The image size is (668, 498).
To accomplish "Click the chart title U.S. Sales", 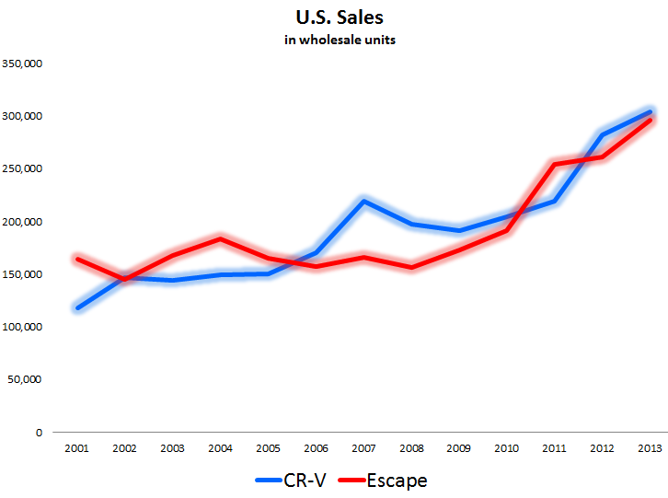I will tap(334, 18).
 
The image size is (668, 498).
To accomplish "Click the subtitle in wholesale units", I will tap(334, 40).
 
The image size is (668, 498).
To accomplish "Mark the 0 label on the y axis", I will tap(38, 432).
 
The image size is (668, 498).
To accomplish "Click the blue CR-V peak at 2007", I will tap(364, 201).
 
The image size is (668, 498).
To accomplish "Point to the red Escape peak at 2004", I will tap(221, 239).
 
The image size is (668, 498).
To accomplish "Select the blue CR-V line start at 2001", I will tap(77, 307).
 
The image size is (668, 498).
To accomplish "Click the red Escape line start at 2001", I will tap(77, 259).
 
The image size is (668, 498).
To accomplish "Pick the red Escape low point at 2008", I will tap(412, 268).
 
